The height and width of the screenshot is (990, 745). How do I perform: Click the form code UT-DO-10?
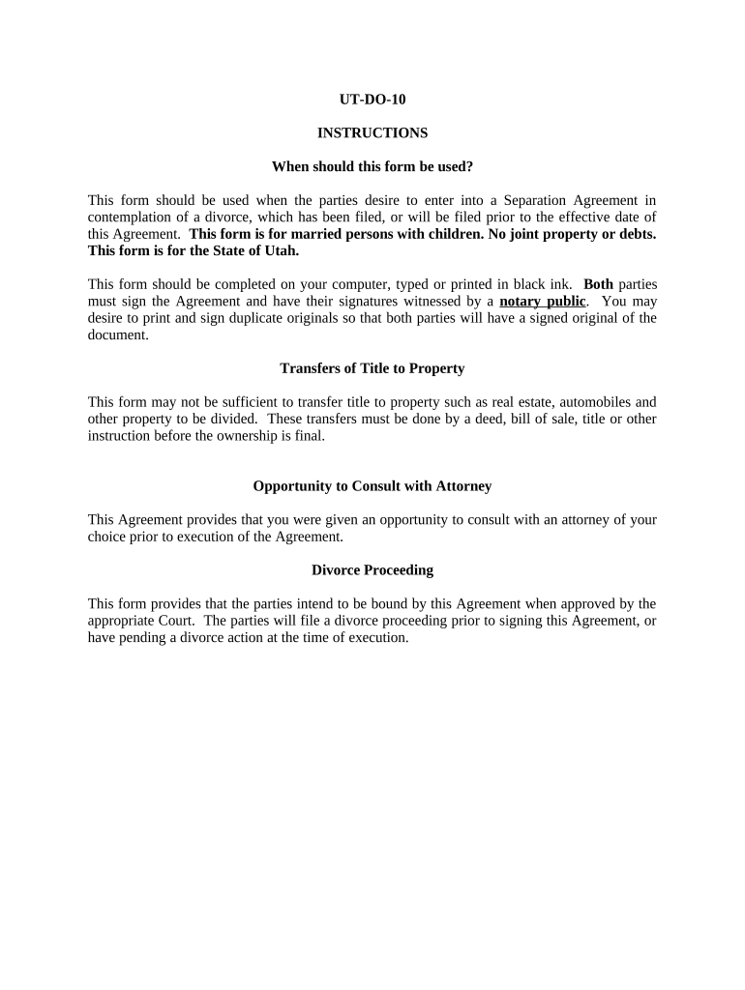(x=372, y=99)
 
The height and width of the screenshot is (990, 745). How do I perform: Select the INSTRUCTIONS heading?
(x=372, y=132)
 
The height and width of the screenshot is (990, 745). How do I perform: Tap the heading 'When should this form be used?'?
(x=372, y=166)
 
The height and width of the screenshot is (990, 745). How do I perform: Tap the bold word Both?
(x=598, y=284)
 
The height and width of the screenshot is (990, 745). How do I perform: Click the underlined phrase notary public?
(x=542, y=301)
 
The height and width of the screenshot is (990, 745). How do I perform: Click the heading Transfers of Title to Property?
(x=372, y=368)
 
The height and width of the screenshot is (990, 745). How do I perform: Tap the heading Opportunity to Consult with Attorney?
(x=372, y=486)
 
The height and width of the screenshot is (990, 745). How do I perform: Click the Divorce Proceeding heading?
(x=372, y=570)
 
